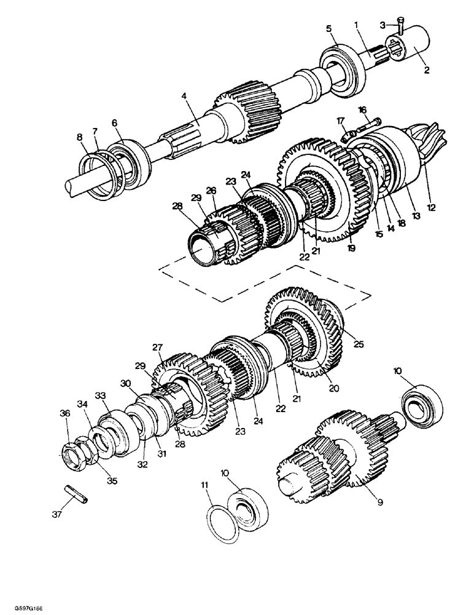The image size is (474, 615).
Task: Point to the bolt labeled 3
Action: click(x=400, y=26)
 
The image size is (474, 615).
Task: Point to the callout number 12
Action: click(x=431, y=208)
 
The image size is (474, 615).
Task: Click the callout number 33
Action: click(x=101, y=395)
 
